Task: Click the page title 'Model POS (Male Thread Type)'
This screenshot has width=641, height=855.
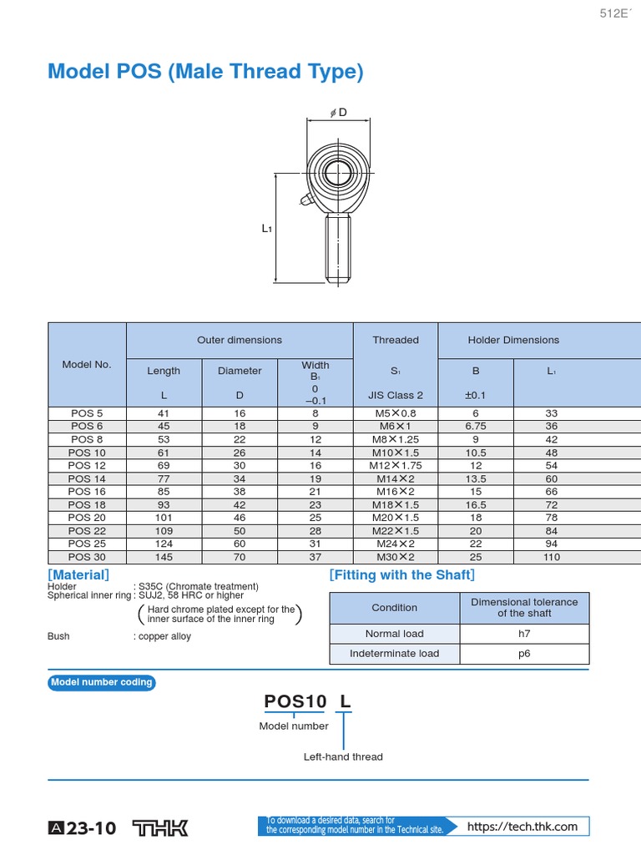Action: coord(206,73)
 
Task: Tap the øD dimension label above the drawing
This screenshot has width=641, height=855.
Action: coord(338,113)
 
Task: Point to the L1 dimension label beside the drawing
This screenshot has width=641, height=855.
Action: coord(268,228)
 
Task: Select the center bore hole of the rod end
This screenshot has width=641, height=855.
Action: coord(338,173)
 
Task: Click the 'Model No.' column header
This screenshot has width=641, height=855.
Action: coord(87,364)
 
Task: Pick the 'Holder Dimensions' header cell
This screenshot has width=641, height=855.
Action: coord(513,340)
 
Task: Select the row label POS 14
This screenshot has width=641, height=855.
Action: coord(87,478)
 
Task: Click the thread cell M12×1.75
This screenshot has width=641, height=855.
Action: coord(396,465)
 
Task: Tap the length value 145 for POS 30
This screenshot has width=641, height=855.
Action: coord(164,557)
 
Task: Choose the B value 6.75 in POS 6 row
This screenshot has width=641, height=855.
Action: coord(475,426)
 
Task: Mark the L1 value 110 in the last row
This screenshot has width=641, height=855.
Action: coord(551,557)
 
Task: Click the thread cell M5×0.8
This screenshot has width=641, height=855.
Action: coord(396,413)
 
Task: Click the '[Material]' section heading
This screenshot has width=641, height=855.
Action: coord(78,575)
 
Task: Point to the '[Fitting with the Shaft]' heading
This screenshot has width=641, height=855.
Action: coord(401,575)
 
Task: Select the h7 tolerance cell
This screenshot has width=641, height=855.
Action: coord(524,634)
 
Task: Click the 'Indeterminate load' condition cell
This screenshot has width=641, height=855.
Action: coord(394,654)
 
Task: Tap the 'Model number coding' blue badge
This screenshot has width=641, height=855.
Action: coord(102,682)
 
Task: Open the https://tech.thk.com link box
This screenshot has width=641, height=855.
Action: coord(522,827)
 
